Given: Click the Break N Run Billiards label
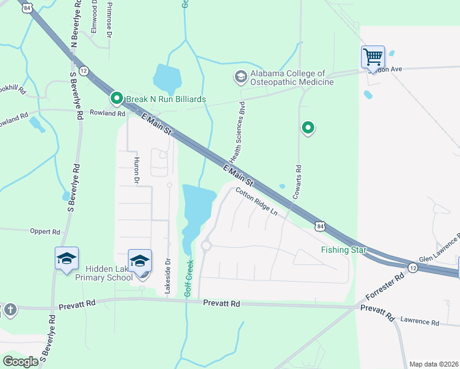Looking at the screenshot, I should tap(165, 99).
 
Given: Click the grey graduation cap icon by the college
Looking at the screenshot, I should tap(240, 77).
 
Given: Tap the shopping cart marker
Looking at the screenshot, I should tap(373, 57).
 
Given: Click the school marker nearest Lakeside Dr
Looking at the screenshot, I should tap(140, 261).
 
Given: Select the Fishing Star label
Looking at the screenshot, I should tap(343, 250).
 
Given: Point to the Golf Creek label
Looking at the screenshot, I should tap(189, 279).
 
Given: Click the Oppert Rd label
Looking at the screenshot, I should tap(45, 232).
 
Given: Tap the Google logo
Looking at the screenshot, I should tap(21, 362).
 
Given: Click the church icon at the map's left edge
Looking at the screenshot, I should tap(9, 310).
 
